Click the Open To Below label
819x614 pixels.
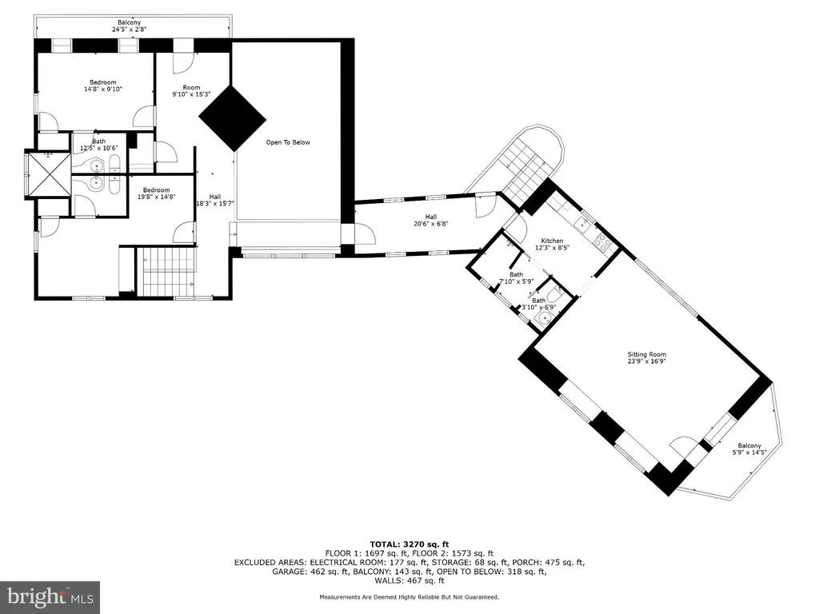click(288, 142)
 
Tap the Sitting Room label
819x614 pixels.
click(646, 357)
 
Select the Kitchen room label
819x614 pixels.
click(552, 245)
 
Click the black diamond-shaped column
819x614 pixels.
click(232, 118)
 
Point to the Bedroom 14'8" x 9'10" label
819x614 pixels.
click(103, 86)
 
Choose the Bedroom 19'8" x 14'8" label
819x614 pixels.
click(156, 193)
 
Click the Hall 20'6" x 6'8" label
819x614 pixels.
click(431, 221)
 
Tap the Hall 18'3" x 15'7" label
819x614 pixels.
click(214, 201)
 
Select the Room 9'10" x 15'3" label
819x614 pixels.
click(191, 91)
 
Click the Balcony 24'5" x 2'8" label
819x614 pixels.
click(129, 26)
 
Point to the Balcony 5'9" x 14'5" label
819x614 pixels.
click(749, 449)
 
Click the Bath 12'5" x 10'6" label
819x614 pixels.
click(98, 145)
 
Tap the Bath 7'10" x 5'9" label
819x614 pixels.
click(516, 278)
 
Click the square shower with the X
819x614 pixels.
click(48, 173)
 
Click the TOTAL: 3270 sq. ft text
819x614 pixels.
click(409, 544)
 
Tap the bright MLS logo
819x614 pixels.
click(50, 597)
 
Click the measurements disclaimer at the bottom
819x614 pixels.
click(409, 596)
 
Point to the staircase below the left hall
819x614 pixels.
click(166, 272)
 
